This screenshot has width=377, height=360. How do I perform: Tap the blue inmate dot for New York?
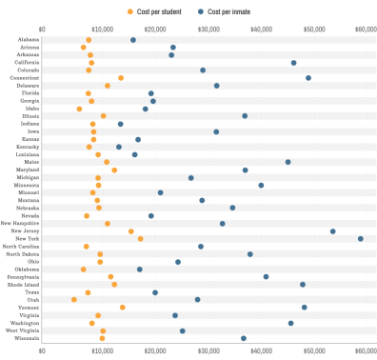coord(361,238)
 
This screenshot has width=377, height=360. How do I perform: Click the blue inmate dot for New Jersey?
coord(333,230)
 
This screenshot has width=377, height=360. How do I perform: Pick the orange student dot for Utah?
coord(74,300)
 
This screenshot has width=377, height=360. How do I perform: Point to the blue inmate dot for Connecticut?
coord(308,78)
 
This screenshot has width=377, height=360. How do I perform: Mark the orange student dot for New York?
coord(140,238)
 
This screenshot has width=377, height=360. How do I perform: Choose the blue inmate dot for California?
coord(293,63)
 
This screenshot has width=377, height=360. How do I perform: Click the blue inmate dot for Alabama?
coord(132,40)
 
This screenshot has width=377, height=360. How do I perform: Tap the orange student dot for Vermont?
coord(123,308)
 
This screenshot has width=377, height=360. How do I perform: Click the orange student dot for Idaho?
coord(79,109)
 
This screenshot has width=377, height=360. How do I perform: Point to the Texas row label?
coord(30,292)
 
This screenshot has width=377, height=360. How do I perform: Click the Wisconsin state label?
coord(27,338)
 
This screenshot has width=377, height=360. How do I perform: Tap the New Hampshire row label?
coord(22,223)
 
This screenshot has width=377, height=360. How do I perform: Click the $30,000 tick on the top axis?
coord(204,30)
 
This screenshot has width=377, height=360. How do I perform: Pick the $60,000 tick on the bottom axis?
coord(366,350)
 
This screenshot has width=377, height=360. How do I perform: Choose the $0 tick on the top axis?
coord(42,30)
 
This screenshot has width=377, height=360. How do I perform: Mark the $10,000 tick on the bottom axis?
coord(96,350)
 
